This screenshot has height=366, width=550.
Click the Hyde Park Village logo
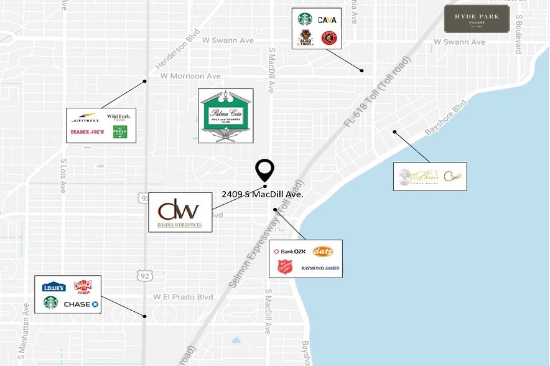point(477,19)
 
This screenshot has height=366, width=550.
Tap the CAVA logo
point(327,20)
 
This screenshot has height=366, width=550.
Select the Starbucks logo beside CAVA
point(305,19)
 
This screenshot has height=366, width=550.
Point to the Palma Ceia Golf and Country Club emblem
point(225,116)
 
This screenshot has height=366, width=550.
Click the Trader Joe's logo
point(86,131)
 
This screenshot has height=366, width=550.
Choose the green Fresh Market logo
point(119,131)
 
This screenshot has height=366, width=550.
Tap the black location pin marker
point(265,169)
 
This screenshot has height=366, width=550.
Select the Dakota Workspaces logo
point(179,212)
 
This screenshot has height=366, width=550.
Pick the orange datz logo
point(323,251)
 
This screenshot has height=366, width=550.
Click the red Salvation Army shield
point(285,268)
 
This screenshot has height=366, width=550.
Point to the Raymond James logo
point(320,268)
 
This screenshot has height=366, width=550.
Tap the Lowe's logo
point(54,287)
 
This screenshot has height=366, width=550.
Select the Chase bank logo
point(81,304)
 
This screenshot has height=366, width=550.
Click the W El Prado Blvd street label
point(179,296)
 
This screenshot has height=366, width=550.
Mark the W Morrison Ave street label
point(190,76)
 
